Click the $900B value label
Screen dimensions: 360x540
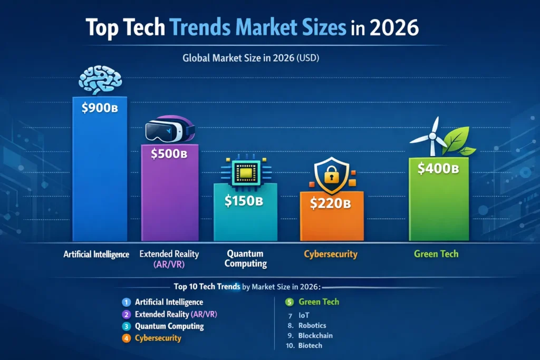pos(99,109)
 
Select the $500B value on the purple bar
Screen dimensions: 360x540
pos(169,154)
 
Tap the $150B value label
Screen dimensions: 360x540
pos(245,200)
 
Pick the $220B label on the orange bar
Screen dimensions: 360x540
pos(331,204)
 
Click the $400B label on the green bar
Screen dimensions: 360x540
pos(438,169)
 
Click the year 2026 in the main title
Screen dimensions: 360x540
pos(394,28)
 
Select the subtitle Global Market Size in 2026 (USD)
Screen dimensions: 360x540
pos(250,59)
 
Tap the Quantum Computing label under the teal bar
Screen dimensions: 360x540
pos(246,258)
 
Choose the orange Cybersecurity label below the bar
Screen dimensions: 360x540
pos(331,254)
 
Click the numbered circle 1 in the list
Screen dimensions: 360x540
pos(126,303)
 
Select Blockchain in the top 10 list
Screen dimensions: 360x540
pos(315,335)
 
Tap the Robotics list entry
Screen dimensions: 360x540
pos(312,325)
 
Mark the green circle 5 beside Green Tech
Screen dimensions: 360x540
pos(289,303)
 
